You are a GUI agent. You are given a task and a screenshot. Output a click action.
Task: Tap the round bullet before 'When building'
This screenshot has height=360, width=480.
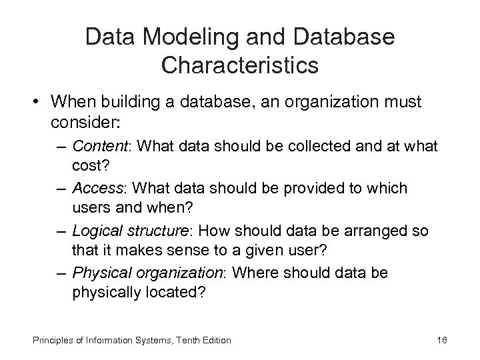(x=38, y=105)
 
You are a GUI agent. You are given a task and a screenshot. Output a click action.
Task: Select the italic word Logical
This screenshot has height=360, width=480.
(x=93, y=231)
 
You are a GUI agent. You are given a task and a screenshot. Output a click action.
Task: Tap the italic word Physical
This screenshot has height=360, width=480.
(x=95, y=273)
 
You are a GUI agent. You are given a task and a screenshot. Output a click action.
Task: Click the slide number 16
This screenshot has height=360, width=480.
(x=441, y=340)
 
